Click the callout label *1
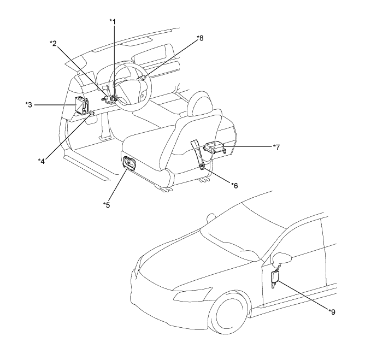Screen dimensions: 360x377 tap(113, 21)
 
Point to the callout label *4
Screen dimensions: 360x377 tap(42, 160)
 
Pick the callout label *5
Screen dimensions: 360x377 tap(106, 204)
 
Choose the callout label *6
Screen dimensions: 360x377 tap(234, 186)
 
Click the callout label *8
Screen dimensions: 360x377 tap(200, 38)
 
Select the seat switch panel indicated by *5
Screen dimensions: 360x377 tap(131, 163)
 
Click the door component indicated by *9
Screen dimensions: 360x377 tap(275, 279)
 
